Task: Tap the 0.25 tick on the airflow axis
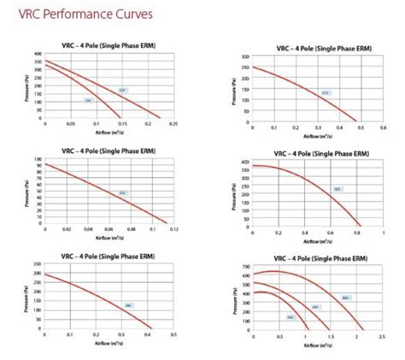point(173,123)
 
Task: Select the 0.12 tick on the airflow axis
point(173,229)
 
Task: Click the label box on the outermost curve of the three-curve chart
point(345,298)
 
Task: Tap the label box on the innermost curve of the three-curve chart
point(290,317)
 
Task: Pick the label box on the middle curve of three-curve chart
point(315,307)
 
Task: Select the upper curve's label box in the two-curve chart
point(121,89)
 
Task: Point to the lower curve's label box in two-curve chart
point(87,100)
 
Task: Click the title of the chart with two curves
point(107,44)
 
